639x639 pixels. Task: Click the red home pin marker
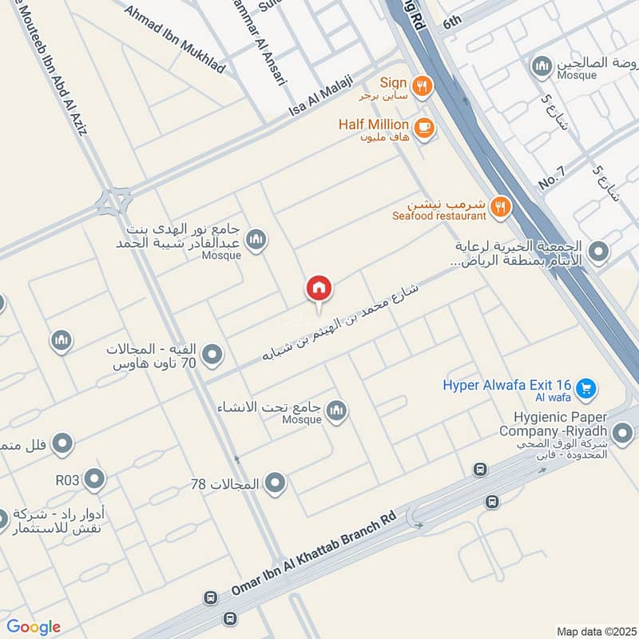coord(319,288)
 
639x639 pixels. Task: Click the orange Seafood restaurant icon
coord(500,208)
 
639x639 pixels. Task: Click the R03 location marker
coord(94,479)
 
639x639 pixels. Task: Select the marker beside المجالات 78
coord(275,483)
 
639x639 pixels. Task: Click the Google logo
coord(33,626)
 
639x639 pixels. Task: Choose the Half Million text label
coord(374,125)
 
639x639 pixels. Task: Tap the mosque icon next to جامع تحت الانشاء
coord(337,410)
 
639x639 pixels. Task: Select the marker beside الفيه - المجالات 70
coord(212,355)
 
